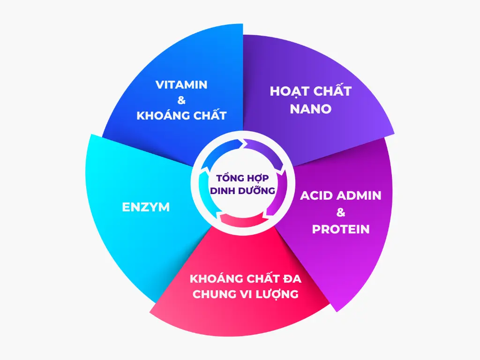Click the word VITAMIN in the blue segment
(x=181, y=85)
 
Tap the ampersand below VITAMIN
(x=181, y=100)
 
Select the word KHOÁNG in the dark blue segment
(x=160, y=115)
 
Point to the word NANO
(x=311, y=109)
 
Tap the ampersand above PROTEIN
(x=341, y=212)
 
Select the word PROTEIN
(x=341, y=229)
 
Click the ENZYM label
(x=146, y=207)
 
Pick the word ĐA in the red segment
(x=292, y=279)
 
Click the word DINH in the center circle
(x=223, y=191)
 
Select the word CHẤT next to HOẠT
(x=332, y=91)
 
